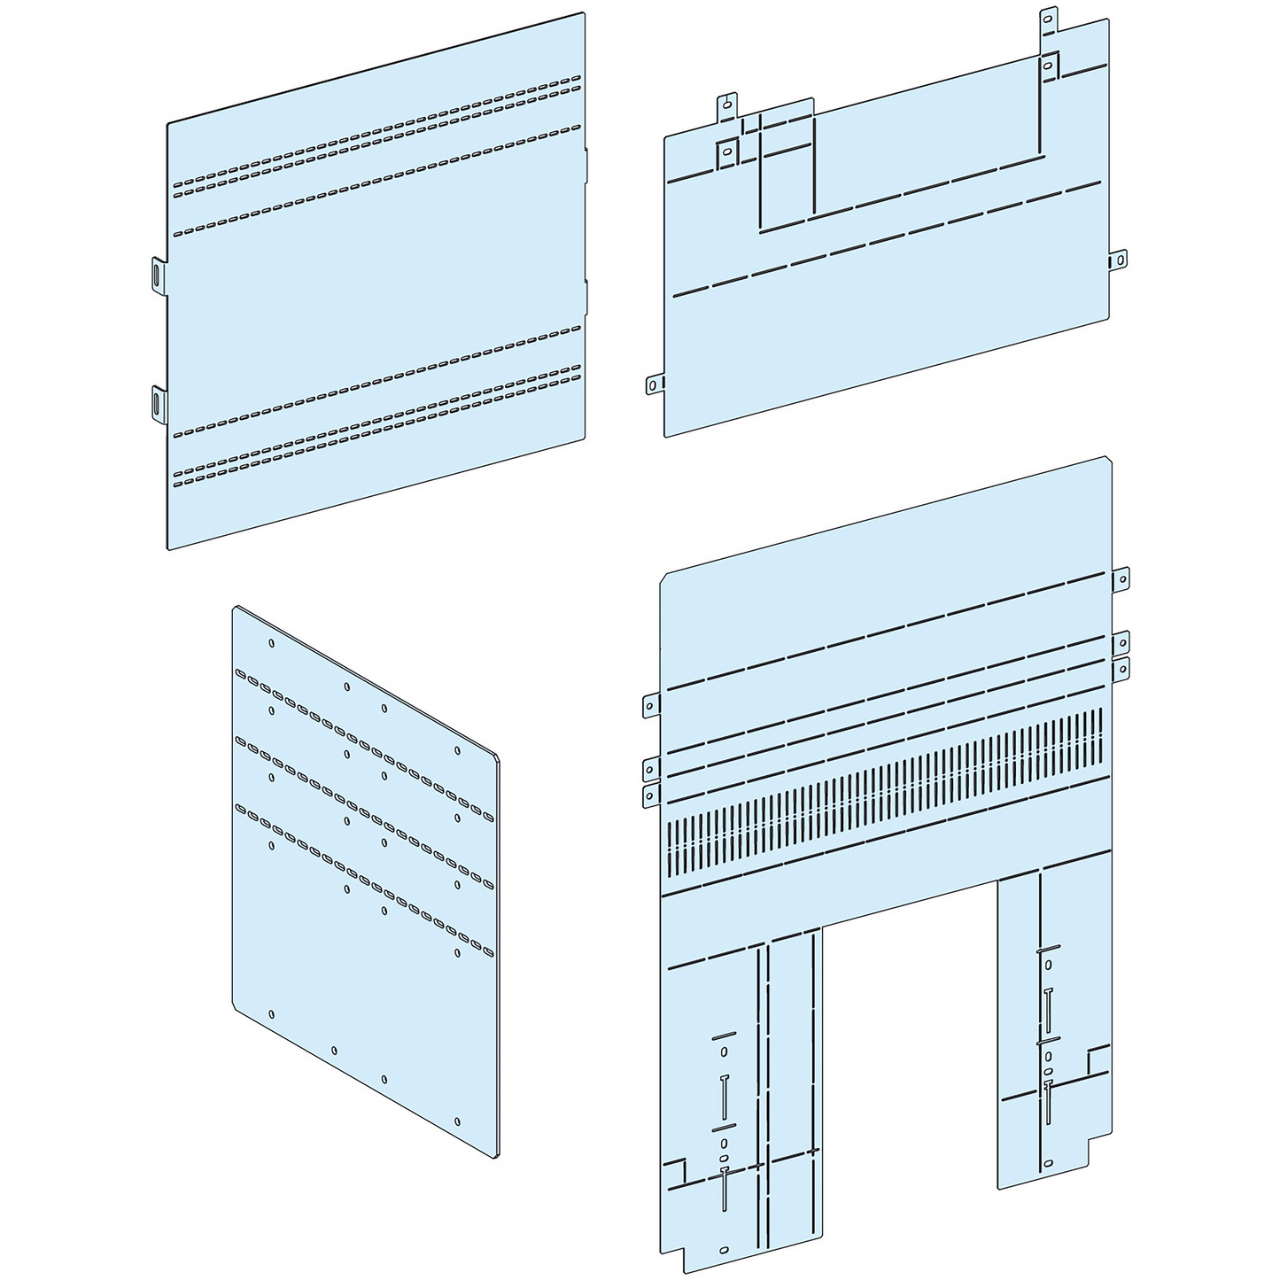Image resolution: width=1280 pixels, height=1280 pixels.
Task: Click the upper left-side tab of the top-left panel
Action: pyautogui.click(x=157, y=274)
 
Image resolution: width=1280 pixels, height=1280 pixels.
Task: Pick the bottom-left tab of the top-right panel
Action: pyautogui.click(x=655, y=383)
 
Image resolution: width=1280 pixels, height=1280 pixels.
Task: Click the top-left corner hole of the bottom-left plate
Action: pyautogui.click(x=271, y=643)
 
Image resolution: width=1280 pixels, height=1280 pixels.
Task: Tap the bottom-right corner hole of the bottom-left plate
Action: pyautogui.click(x=457, y=1121)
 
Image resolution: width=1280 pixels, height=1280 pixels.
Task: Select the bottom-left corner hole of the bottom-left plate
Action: pyautogui.click(x=271, y=1015)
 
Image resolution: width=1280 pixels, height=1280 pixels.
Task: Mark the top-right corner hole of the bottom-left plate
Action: pyautogui.click(x=457, y=750)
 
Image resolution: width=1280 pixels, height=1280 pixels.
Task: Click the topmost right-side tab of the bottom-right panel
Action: pyautogui.click(x=1121, y=580)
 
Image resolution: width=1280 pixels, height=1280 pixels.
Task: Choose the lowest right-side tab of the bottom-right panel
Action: pyautogui.click(x=1121, y=669)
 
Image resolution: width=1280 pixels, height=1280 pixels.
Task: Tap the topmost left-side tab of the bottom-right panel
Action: pyautogui.click(x=652, y=705)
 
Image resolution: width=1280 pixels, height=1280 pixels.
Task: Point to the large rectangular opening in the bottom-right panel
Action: pyautogui.click(x=910, y=1063)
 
